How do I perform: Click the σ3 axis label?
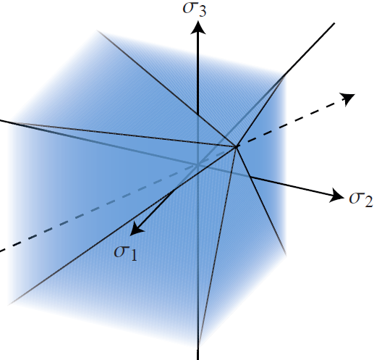click(195, 9)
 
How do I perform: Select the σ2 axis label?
click(361, 199)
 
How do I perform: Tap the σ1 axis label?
click(126, 253)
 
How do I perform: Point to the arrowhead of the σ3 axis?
click(198, 28)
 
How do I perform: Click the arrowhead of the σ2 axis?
click(336, 196)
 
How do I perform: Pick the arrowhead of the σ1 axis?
click(137, 229)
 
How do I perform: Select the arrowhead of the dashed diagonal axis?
click(349, 99)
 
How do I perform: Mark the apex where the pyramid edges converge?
click(236, 146)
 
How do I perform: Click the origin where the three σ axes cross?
click(198, 165)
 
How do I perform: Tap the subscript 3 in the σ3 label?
click(202, 11)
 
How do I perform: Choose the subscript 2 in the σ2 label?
click(368, 202)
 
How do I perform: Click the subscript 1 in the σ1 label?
click(133, 256)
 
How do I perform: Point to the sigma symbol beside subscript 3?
click(190, 7)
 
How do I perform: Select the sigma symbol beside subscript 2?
click(356, 198)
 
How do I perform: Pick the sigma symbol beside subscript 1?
click(121, 251)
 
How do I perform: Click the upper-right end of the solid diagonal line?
click(335, 23)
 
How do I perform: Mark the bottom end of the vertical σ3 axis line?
click(198, 359)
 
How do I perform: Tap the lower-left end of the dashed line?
click(1, 251)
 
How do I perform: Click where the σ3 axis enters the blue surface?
click(198, 114)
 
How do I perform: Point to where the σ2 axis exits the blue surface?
click(251, 177)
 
